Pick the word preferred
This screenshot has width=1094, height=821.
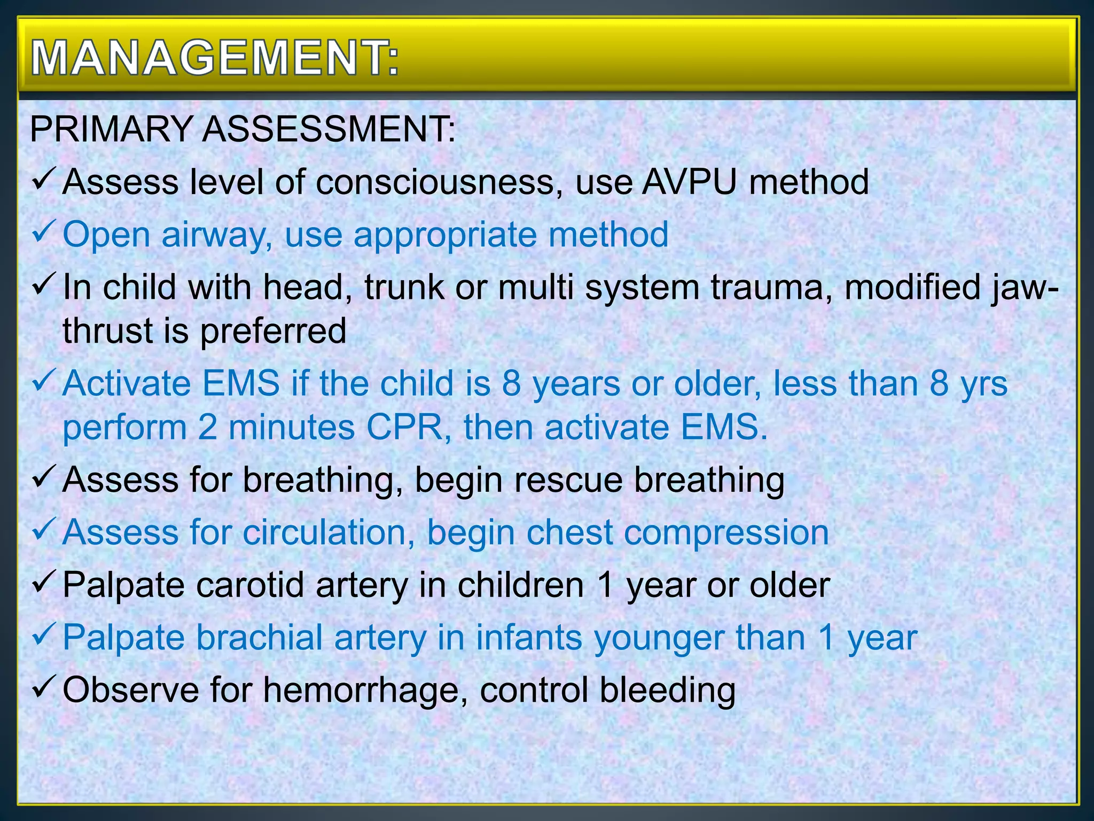click(273, 331)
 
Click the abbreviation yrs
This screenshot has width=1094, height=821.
click(984, 384)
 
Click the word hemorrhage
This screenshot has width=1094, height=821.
click(361, 690)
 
